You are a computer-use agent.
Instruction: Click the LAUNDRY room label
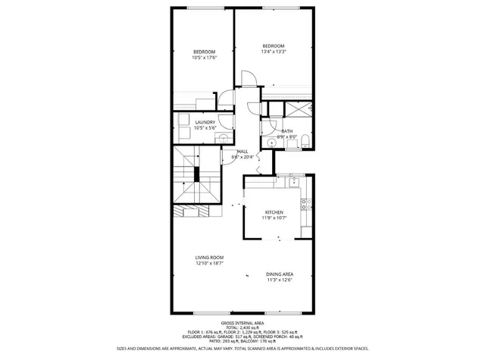tap(205, 122)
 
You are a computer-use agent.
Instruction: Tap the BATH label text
tap(287, 131)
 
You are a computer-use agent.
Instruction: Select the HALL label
tap(243, 152)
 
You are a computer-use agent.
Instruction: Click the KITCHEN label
tap(274, 212)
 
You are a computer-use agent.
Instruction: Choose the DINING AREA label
tap(280, 274)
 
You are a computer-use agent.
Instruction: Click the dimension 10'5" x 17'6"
tap(205, 58)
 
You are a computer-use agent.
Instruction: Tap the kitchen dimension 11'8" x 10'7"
tap(274, 219)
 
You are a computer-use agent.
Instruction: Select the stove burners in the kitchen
tap(305, 203)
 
